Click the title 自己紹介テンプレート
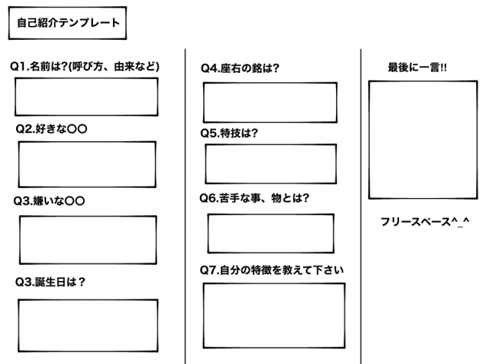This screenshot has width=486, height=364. (68, 22)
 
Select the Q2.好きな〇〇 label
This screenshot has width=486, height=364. (52, 129)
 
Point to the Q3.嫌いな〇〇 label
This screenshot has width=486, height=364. (49, 201)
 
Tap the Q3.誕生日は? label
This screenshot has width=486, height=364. (50, 282)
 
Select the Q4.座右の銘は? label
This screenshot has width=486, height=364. (240, 68)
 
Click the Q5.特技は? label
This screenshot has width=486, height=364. (229, 133)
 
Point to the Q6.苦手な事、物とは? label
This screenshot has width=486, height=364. (255, 198)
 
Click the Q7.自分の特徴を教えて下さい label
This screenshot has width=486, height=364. (271, 270)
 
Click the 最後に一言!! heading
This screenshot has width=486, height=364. (418, 67)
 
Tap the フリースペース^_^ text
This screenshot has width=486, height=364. (425, 222)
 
